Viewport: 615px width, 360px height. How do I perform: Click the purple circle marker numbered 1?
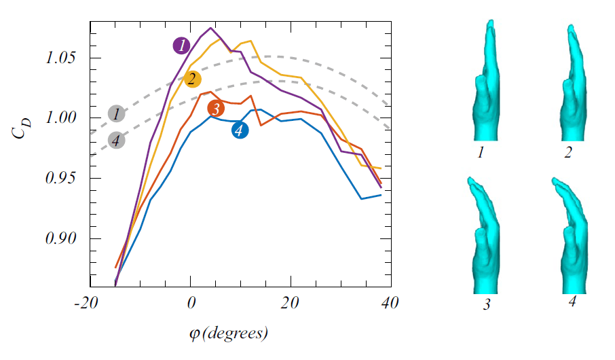tap(181, 46)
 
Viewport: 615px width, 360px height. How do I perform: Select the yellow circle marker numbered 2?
tap(193, 79)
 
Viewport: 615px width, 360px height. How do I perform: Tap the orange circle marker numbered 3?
tap(216, 108)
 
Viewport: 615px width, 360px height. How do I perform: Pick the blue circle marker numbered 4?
tap(240, 130)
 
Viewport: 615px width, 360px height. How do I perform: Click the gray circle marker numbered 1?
tap(117, 113)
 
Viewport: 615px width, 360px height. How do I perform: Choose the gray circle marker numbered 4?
tap(117, 141)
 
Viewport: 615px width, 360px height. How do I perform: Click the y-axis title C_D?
tap(21, 129)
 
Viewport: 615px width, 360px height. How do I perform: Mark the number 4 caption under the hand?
tap(572, 302)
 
